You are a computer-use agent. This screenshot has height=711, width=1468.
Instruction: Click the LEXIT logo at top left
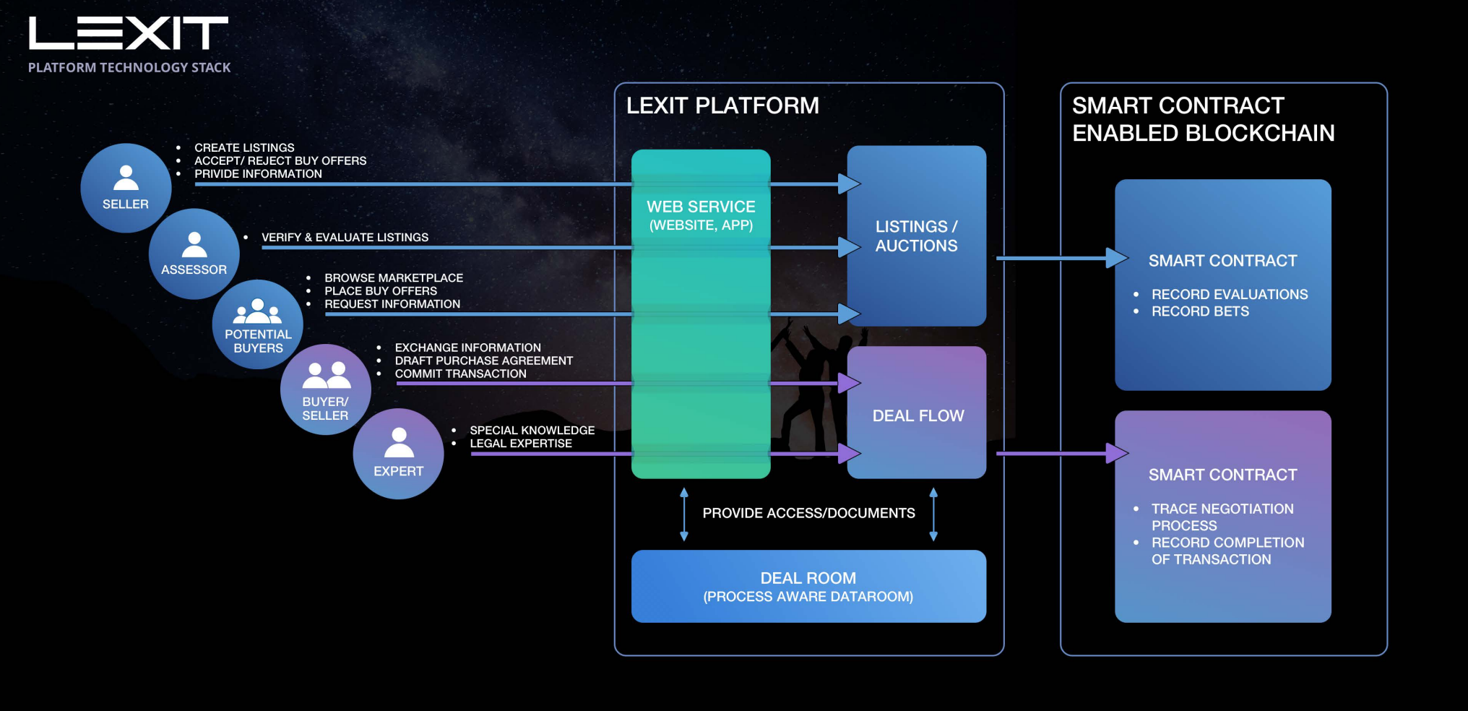[129, 33]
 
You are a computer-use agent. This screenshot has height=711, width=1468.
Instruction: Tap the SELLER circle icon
[126, 188]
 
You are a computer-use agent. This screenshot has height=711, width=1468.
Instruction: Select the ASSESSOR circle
[194, 254]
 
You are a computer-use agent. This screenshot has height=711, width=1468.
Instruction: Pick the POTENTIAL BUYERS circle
[258, 324]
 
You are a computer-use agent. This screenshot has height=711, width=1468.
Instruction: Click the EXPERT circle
[398, 454]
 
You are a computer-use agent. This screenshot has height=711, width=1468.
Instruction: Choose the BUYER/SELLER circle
[326, 390]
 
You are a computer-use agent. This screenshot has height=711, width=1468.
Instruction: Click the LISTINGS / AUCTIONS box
[916, 236]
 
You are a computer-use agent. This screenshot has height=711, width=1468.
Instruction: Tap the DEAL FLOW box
[918, 415]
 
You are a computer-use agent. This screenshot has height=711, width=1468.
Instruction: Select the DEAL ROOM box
[808, 586]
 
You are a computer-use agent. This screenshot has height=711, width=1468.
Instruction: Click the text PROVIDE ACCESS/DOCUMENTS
[808, 513]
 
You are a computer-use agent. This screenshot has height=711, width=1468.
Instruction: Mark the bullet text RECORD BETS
[1200, 311]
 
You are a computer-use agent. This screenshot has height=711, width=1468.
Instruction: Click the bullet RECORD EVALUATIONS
[1230, 294]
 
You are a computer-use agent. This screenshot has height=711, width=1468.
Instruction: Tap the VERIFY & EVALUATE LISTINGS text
[345, 237]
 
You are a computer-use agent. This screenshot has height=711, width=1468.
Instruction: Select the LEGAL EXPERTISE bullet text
[521, 443]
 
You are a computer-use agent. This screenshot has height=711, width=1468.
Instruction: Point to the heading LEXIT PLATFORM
[722, 105]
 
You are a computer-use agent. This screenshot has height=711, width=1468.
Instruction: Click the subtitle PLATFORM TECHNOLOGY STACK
[129, 67]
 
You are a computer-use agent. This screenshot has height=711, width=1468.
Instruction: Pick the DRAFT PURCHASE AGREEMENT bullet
[483, 361]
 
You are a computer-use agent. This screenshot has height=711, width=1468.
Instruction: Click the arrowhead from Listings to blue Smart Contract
[1117, 258]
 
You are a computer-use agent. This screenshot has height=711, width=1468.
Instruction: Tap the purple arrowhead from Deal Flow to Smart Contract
[1117, 454]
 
